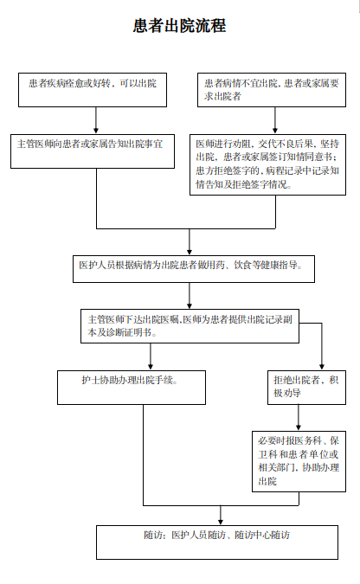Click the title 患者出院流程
coord(180,26)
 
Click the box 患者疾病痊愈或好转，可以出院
coord(93,90)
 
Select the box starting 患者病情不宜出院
coord(272,90)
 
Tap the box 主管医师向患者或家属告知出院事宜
coord(93,151)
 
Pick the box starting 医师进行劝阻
coord(268,164)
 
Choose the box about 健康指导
coord(194,269)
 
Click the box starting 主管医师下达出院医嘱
coord(190,326)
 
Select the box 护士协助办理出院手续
coord(132,388)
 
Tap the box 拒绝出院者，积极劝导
coord(306,388)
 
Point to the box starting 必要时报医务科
coord(299,461)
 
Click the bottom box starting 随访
coord(217,542)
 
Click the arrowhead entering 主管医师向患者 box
coord(96,131)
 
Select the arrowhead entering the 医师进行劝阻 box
coord(275,131)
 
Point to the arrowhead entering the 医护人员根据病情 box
coord(190,252)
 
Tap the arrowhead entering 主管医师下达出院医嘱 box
coord(190,305)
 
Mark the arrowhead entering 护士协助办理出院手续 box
coord(151,367)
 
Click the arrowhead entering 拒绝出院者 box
coord(322,367)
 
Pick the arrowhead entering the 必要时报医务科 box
coord(299,427)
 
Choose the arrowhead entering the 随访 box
coord(221,522)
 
